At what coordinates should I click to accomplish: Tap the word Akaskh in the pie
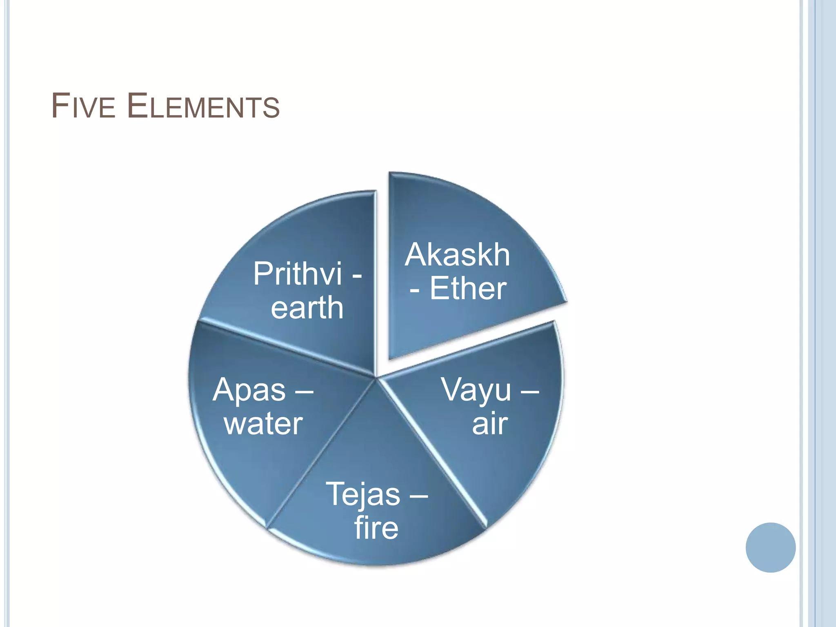tap(457, 255)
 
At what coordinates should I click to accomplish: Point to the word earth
tap(307, 307)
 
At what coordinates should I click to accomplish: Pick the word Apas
tap(249, 390)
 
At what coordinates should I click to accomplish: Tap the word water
tap(263, 424)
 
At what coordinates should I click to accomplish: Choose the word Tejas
tap(363, 494)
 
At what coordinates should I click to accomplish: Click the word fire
tap(376, 527)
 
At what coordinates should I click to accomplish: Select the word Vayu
tap(476, 390)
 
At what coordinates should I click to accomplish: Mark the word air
tap(490, 424)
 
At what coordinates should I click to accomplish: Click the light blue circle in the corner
tap(770, 547)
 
